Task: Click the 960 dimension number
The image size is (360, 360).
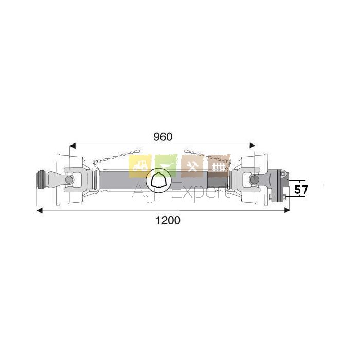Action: (x=163, y=137)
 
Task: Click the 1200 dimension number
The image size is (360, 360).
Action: (x=168, y=220)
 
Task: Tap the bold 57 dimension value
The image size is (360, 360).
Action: (x=301, y=190)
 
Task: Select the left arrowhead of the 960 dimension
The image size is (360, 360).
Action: (x=73, y=146)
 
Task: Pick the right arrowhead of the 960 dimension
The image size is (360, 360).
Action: (x=252, y=146)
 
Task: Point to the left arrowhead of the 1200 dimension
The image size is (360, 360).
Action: (x=40, y=210)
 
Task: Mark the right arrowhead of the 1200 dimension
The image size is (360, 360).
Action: (x=287, y=210)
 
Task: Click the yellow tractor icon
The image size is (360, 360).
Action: (x=140, y=166)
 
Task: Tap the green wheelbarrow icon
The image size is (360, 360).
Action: (x=166, y=166)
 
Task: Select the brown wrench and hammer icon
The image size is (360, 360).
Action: (x=192, y=166)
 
